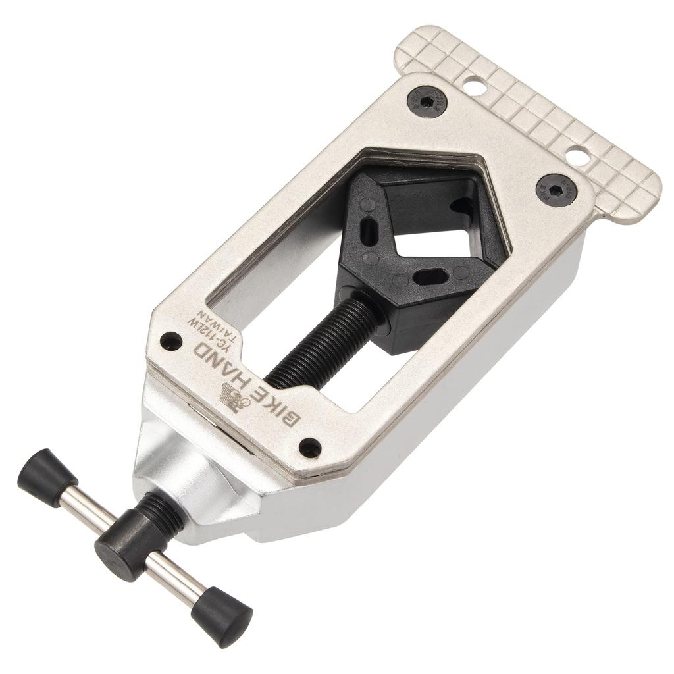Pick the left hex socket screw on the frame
pyautogui.click(x=427, y=102)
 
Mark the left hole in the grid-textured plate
pyautogui.click(x=473, y=85)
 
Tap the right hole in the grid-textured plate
pyautogui.click(x=577, y=156)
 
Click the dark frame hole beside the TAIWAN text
pyautogui.click(x=171, y=341)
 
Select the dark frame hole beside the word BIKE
pyautogui.click(x=310, y=448)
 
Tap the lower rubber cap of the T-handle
pyautogui.click(x=222, y=615)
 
